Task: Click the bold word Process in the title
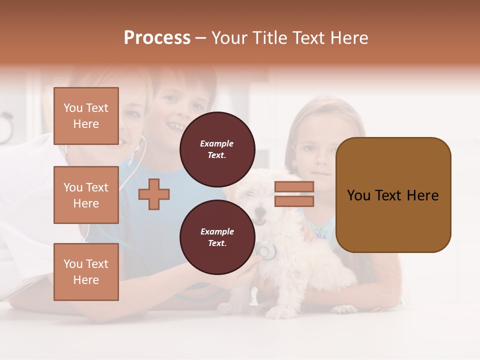157,38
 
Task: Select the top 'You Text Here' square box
86,116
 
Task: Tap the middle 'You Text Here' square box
86,195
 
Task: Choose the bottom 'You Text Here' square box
86,272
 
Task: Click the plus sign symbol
154,194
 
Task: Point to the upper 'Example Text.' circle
217,149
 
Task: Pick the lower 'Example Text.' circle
217,237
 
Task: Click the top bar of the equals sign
294,187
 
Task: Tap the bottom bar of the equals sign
294,201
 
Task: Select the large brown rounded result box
393,195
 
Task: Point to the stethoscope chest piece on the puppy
267,251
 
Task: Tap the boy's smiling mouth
175,126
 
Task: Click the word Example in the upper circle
217,143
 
